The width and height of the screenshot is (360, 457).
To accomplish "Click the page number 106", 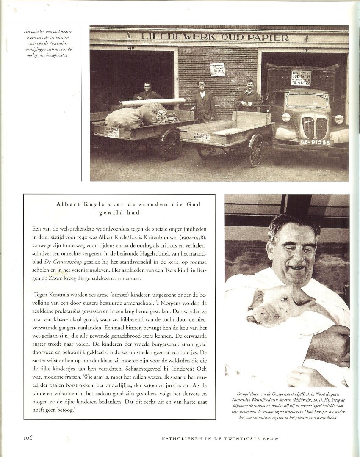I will pyautogui.click(x=25, y=438).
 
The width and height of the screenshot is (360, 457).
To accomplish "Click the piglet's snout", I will pyautogui.click(x=260, y=314).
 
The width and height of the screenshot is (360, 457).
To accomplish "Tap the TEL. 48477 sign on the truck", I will pyautogui.click(x=301, y=77).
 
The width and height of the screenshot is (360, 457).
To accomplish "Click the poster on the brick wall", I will pyautogui.click(x=218, y=69).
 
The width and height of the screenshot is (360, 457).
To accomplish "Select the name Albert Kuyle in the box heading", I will pyautogui.click(x=74, y=204).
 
